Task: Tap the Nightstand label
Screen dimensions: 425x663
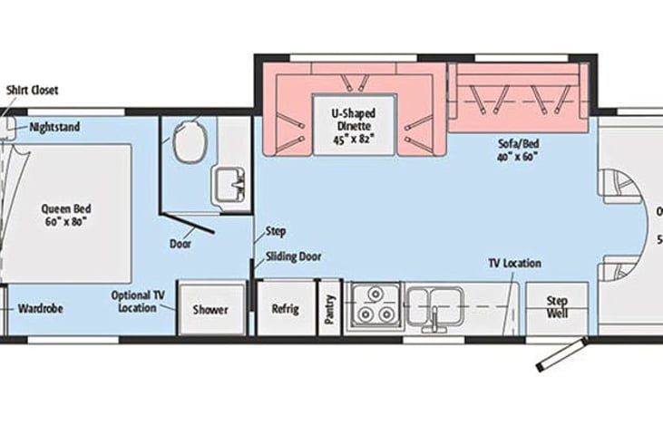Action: click(x=54, y=127)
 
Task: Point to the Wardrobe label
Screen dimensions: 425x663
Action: click(x=41, y=308)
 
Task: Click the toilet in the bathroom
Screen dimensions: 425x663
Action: click(x=190, y=141)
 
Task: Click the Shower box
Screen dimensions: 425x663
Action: click(x=210, y=308)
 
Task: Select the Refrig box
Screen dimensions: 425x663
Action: click(x=285, y=308)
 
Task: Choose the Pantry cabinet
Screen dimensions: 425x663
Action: click(x=329, y=308)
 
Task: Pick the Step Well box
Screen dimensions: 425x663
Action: click(x=557, y=308)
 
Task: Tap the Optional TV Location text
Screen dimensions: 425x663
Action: click(x=137, y=301)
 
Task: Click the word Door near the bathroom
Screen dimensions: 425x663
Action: click(x=180, y=243)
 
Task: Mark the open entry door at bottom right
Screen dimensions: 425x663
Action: click(x=559, y=354)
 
